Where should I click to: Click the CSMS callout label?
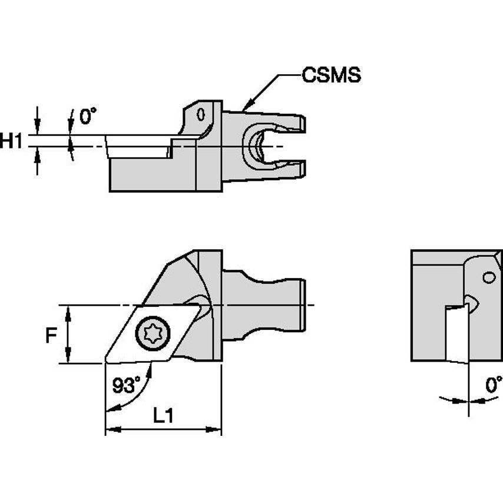(x=330, y=75)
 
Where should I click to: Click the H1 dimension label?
(x=11, y=140)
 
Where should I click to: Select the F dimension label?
(x=52, y=335)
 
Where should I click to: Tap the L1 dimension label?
(x=163, y=416)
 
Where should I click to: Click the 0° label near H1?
(x=87, y=117)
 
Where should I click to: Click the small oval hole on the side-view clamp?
(x=201, y=113)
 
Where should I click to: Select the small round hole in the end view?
(x=488, y=277)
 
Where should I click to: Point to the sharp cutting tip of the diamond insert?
(x=106, y=361)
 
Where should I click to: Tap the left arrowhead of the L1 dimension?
(x=110, y=431)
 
